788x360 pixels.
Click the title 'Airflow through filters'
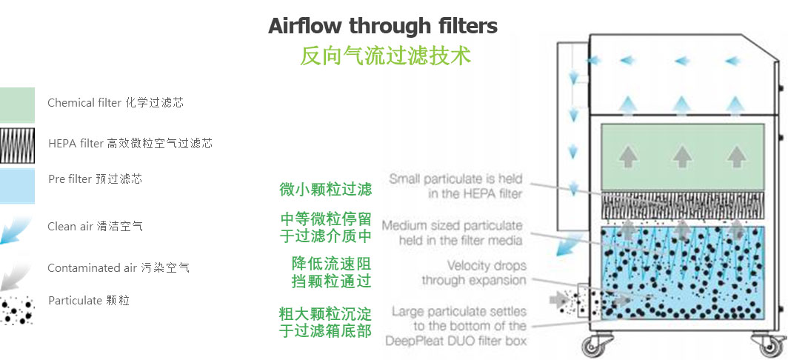[383, 26]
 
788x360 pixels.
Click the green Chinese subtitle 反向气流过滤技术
[385, 56]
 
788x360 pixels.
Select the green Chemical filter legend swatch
[17, 105]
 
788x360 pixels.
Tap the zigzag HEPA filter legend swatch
[17, 145]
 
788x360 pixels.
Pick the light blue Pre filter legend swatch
[17, 186]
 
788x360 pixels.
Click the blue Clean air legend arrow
[14, 230]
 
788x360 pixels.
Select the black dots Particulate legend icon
[17, 309]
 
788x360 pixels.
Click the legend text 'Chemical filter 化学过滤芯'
[116, 102]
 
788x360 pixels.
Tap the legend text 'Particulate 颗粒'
[89, 301]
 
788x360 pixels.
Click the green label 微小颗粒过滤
[326, 189]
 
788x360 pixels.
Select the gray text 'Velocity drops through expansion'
[474, 273]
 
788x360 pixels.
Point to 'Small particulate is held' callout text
[455, 179]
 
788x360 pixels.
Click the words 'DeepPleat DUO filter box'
[455, 341]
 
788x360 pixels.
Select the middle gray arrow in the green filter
[682, 157]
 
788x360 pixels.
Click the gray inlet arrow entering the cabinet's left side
[558, 300]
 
